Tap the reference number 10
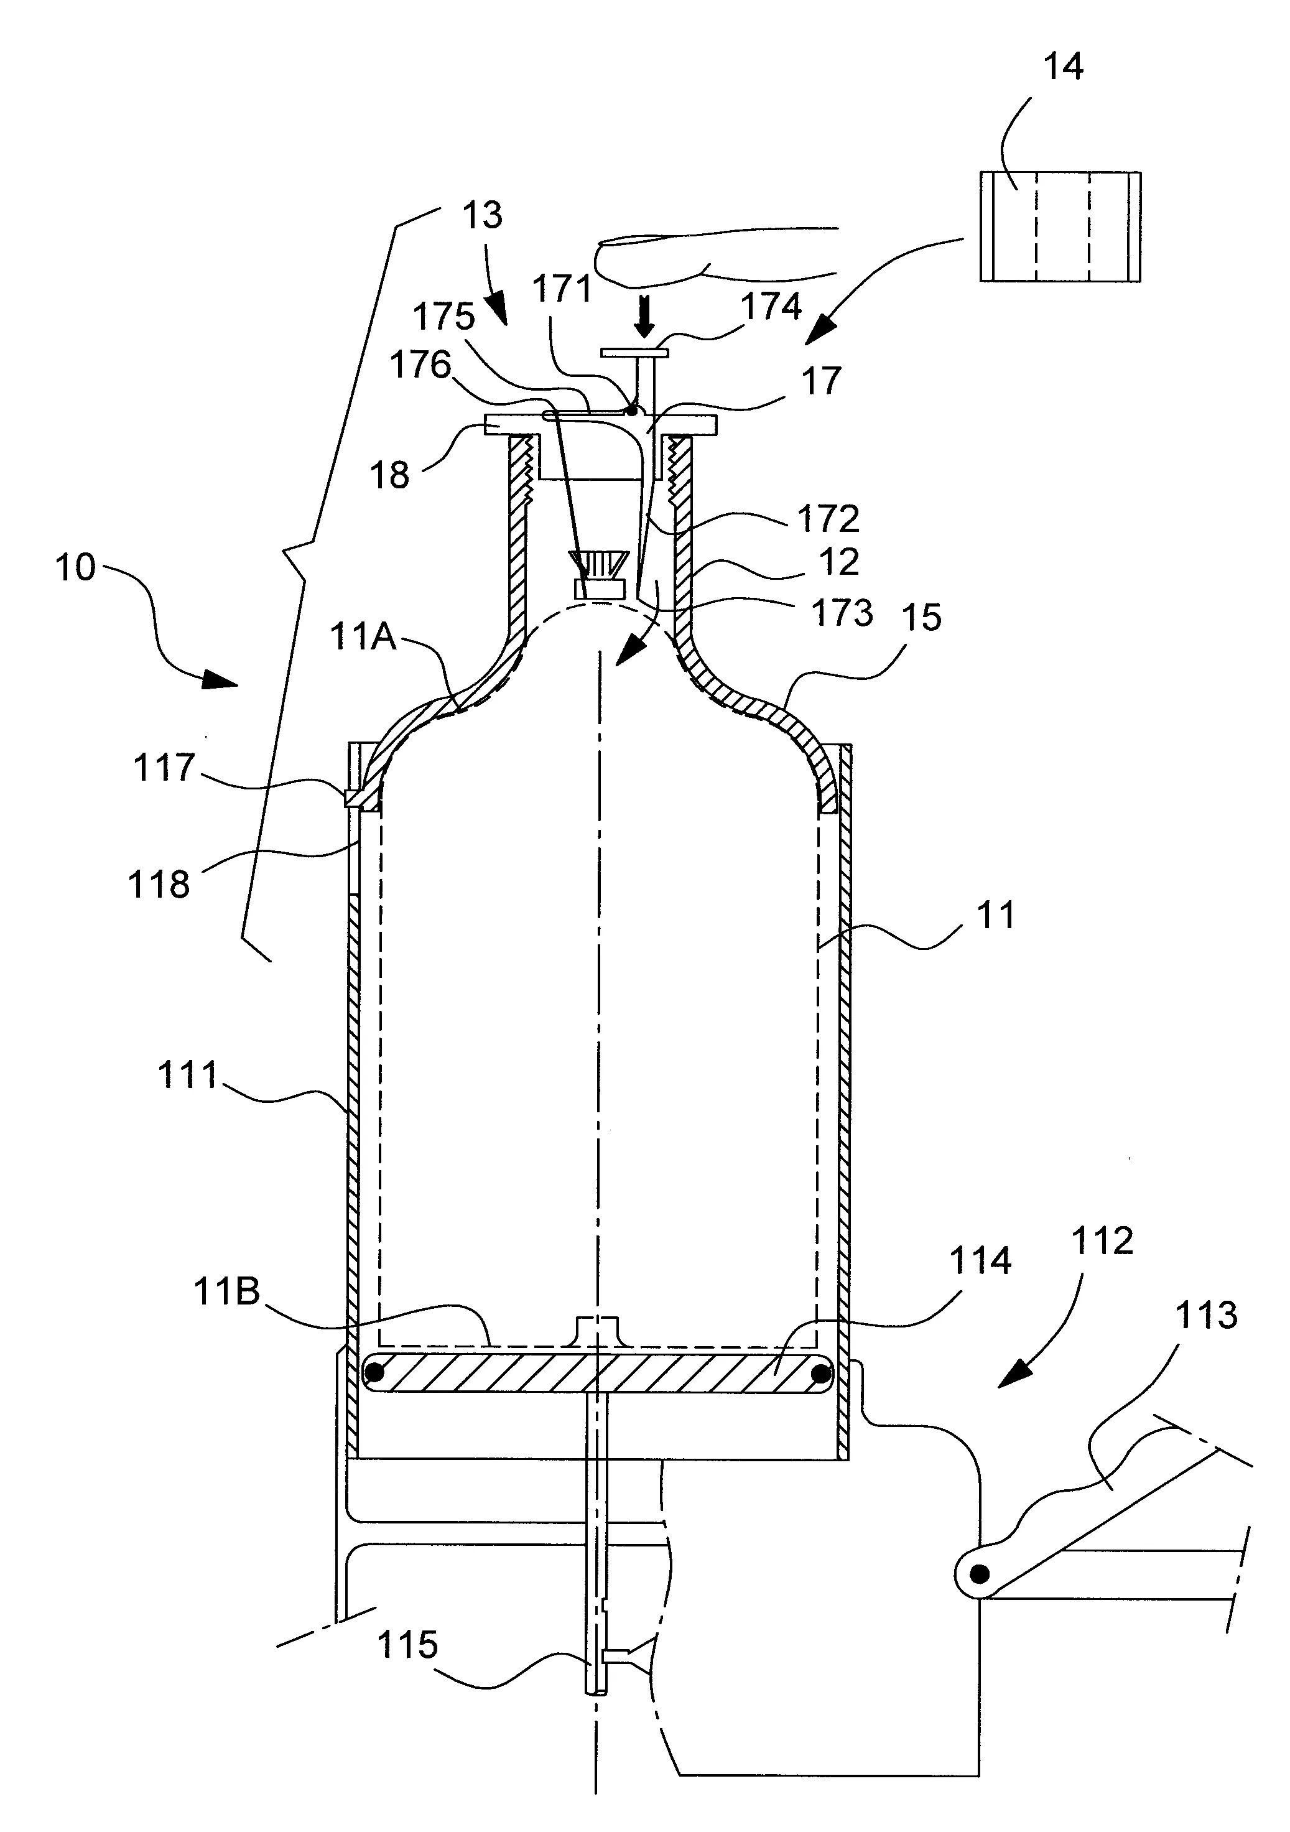[75, 568]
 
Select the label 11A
[363, 638]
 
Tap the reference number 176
[420, 365]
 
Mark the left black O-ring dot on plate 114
[373, 1373]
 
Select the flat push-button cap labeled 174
[635, 352]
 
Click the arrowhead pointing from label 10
[222, 680]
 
